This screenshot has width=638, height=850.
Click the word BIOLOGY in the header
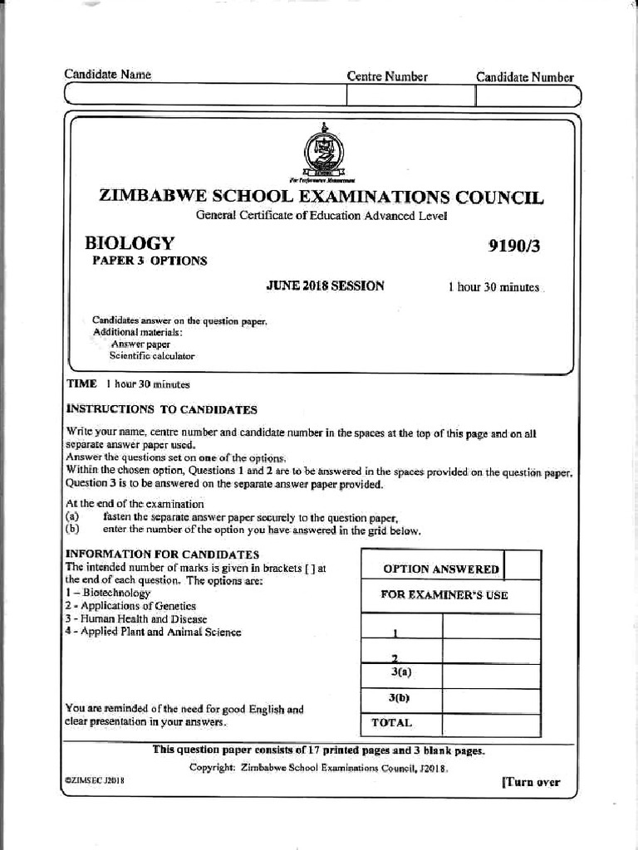point(130,243)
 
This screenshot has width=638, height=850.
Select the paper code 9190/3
point(520,245)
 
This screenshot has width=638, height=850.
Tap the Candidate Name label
point(108,75)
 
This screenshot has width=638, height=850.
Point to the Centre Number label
point(387,77)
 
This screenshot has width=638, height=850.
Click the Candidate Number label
point(524,77)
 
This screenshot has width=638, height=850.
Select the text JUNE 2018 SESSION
point(325,286)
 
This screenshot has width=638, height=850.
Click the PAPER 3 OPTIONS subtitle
point(150,261)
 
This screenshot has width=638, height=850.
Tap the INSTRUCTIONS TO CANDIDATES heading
point(161,409)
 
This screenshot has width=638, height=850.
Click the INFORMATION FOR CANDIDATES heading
point(162,554)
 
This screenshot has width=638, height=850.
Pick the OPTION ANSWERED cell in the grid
point(440,569)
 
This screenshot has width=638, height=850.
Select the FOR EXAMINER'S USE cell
point(444,594)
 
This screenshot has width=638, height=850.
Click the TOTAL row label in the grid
point(391,722)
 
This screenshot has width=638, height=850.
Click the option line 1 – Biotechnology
point(108,594)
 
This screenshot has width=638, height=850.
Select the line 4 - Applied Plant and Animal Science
point(153,632)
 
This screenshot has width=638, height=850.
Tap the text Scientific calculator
point(152,355)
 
